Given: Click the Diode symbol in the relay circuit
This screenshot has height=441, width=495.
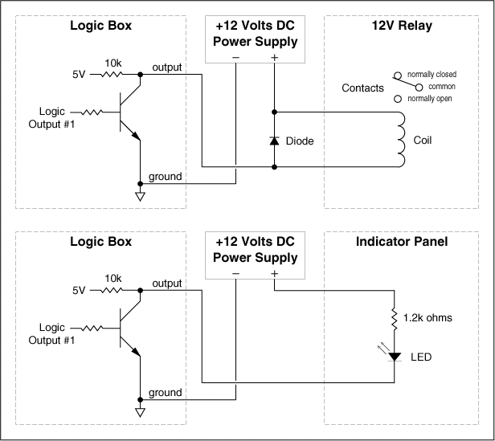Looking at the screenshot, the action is tap(274, 141).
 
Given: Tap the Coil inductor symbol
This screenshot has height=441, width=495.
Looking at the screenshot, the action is tap(401, 140).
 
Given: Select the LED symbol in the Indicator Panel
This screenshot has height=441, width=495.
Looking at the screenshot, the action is tap(395, 357).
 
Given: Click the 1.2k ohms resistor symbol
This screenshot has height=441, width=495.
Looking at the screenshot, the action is tap(395, 318).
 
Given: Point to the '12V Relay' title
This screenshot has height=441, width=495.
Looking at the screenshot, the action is tap(402, 26).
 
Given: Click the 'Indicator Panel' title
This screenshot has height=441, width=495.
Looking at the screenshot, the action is tap(402, 242).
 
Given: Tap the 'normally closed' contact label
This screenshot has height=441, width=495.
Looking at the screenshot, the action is tap(432, 74).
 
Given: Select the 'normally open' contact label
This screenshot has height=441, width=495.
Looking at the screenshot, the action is tap(430, 99).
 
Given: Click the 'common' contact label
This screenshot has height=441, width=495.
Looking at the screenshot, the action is tap(442, 87).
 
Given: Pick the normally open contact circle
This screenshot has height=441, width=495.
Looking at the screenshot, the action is tap(398, 99).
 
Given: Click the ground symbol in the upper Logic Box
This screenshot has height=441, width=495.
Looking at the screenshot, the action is tap(140, 196).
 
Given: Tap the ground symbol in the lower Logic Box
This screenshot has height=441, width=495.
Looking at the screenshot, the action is tap(140, 412).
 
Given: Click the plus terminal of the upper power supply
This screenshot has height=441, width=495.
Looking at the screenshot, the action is tap(274, 58).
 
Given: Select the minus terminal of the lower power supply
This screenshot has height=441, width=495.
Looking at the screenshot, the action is tap(235, 273).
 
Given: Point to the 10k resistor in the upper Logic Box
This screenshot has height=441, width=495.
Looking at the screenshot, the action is tap(111, 75).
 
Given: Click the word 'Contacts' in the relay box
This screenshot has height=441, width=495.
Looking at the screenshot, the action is tap(362, 88).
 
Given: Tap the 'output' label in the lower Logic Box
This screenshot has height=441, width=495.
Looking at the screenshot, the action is tap(167, 284).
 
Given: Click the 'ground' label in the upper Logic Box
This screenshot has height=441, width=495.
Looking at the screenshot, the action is tap(165, 176).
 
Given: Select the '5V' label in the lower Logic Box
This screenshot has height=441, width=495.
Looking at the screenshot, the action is tap(79, 291).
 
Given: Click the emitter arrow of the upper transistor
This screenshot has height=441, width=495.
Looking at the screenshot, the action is tap(136, 136).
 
